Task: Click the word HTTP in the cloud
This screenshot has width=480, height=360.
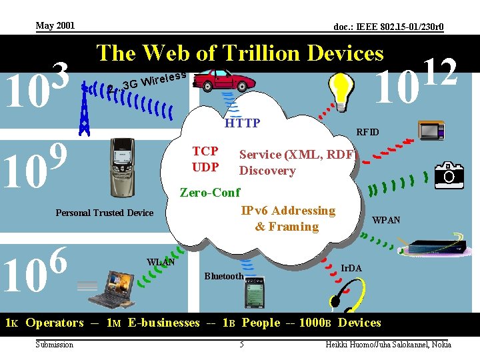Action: pyautogui.click(x=242, y=123)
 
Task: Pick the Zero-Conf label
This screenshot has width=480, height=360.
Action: pyautogui.click(x=210, y=193)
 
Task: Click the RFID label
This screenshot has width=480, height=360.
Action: pyautogui.click(x=367, y=132)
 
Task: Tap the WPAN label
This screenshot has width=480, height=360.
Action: pyautogui.click(x=386, y=220)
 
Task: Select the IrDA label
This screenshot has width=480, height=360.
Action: pyautogui.click(x=351, y=268)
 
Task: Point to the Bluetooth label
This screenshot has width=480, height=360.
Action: pyautogui.click(x=224, y=276)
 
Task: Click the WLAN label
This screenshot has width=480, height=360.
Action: pyautogui.click(x=161, y=262)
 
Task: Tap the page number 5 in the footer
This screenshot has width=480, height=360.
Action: pyautogui.click(x=242, y=344)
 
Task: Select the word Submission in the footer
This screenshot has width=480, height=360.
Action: pyautogui.click(x=55, y=344)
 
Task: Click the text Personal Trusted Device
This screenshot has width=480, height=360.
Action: pyautogui.click(x=104, y=213)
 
